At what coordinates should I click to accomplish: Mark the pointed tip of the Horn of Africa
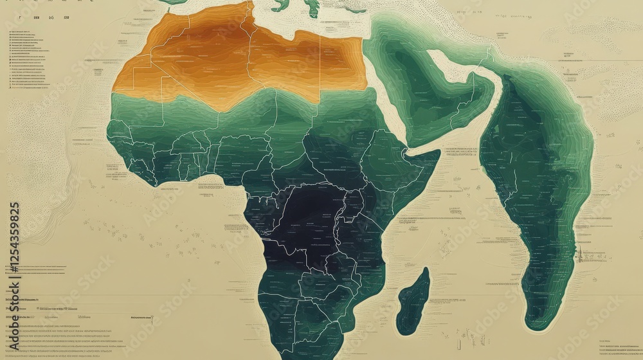click(440, 152)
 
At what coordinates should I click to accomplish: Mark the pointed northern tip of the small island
click(426, 269)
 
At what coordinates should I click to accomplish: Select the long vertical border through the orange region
click(248, 51)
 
